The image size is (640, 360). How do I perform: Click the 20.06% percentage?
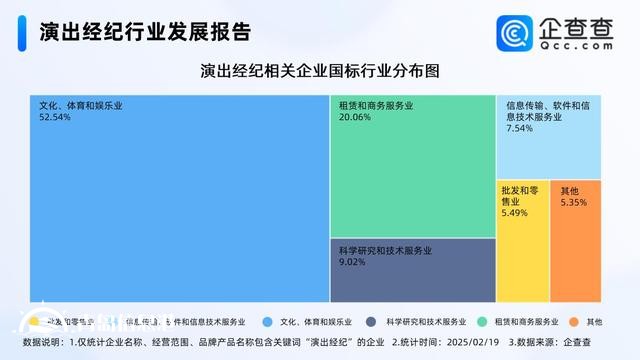click(x=354, y=117)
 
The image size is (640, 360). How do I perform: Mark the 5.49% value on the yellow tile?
click(x=514, y=213)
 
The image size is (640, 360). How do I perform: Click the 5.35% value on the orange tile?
click(x=574, y=203)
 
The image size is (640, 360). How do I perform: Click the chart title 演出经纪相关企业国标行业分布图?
click(x=320, y=71)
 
